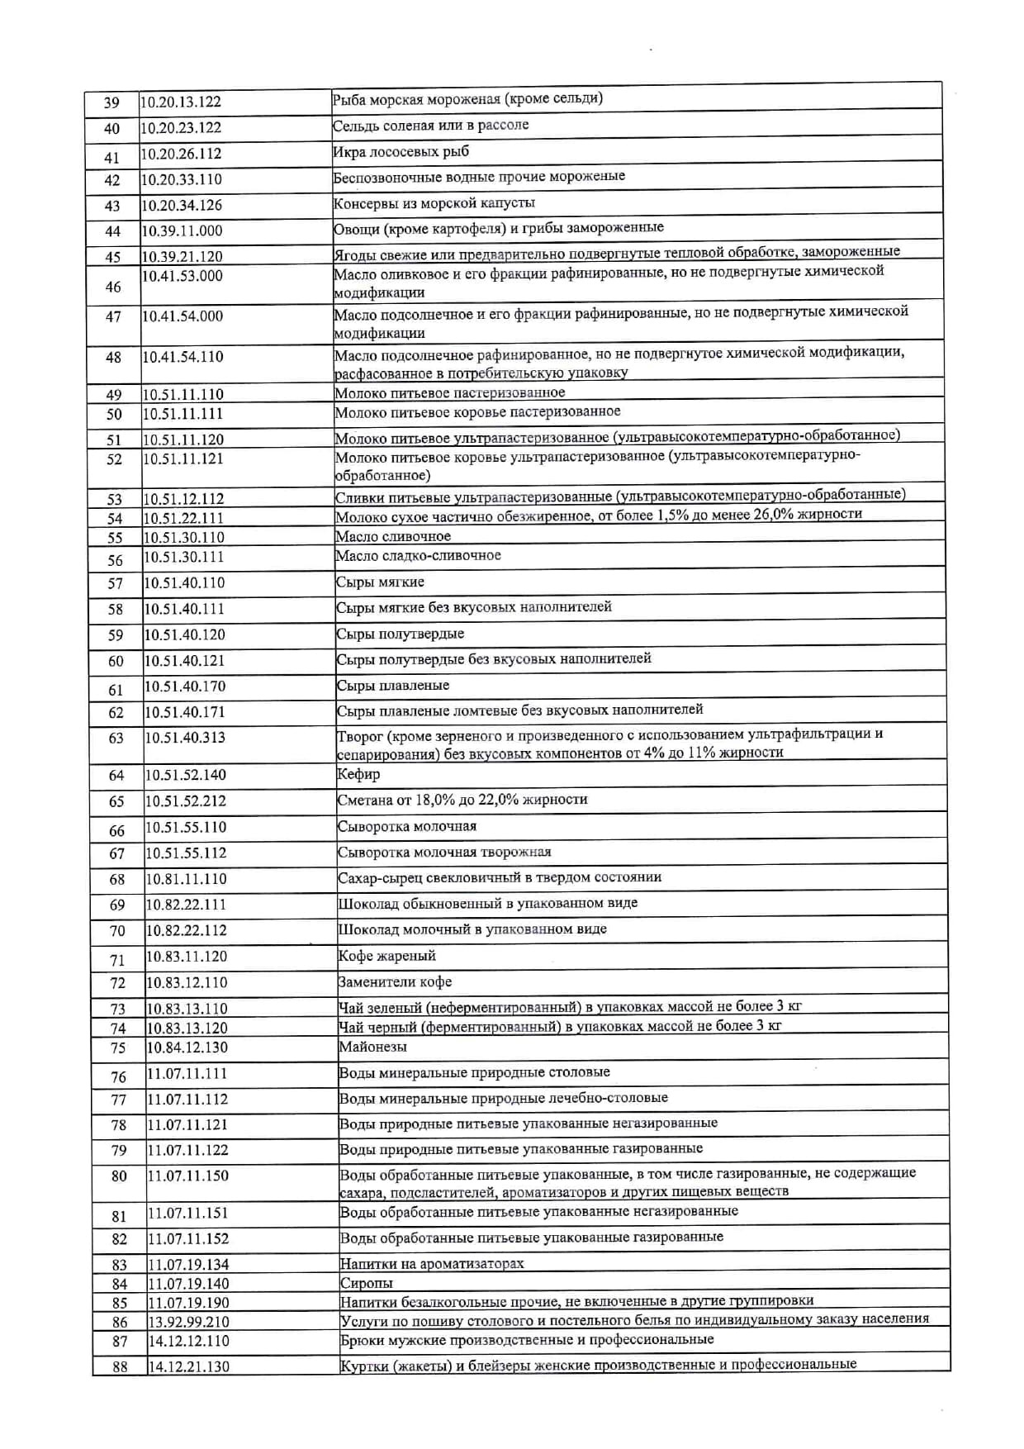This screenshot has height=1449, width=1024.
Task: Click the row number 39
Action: (x=111, y=103)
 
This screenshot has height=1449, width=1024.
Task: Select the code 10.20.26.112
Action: (x=181, y=154)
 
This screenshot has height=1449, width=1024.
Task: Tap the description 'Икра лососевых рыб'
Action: (x=401, y=151)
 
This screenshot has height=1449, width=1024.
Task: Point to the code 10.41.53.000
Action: (x=182, y=276)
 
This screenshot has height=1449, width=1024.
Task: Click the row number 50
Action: (x=114, y=414)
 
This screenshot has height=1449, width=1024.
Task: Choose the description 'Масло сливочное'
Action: (x=393, y=536)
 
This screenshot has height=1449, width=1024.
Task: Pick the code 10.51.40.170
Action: (x=185, y=686)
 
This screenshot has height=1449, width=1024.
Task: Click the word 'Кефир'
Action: (x=358, y=774)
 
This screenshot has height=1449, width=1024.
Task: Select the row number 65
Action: (x=116, y=801)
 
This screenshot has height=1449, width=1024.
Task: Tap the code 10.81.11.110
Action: (x=186, y=879)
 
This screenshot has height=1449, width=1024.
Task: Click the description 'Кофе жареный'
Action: (x=386, y=956)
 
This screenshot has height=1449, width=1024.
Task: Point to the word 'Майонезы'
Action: (x=372, y=1047)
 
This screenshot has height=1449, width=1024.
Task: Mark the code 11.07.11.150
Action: (x=188, y=1176)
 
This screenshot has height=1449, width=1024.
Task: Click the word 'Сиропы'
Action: (x=367, y=1283)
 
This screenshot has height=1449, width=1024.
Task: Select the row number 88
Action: (x=120, y=1366)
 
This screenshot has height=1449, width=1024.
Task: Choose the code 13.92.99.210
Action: (x=188, y=1322)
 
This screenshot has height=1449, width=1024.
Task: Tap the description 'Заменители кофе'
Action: (x=395, y=981)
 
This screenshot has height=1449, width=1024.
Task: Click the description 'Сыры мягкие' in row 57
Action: (x=380, y=582)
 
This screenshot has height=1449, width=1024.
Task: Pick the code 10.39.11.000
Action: (x=182, y=231)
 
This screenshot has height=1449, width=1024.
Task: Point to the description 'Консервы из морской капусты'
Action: (x=434, y=203)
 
